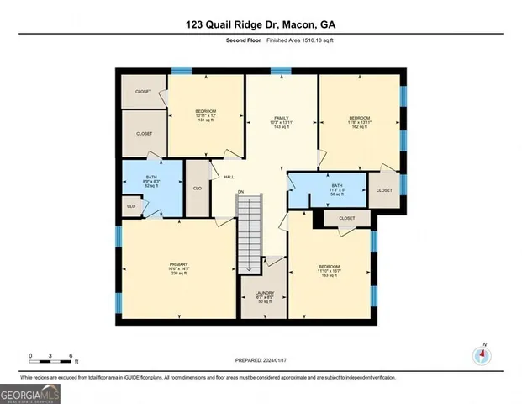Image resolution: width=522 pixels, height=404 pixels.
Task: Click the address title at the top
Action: (x=261, y=25)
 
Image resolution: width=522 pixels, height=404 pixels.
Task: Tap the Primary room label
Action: (x=177, y=268)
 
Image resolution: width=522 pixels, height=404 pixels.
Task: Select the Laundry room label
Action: (x=265, y=296)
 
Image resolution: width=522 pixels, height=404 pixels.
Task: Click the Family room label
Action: (x=281, y=122)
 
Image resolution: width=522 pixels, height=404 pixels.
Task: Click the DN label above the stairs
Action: (x=240, y=192)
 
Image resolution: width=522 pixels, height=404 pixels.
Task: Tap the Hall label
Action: (x=229, y=177)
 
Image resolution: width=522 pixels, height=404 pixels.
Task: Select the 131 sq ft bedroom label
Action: (x=207, y=116)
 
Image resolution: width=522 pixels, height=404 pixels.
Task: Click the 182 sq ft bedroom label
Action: (x=360, y=122)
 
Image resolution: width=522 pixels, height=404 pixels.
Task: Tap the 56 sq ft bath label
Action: (x=336, y=189)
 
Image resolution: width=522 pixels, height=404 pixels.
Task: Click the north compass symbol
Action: (x=482, y=353)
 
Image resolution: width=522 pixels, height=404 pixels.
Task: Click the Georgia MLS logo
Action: (x=30, y=392)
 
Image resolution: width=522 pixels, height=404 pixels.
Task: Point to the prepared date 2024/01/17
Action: (x=261, y=360)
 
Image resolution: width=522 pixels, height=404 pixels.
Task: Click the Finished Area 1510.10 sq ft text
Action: (x=302, y=40)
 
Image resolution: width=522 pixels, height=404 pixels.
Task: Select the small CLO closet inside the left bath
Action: (x=131, y=205)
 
